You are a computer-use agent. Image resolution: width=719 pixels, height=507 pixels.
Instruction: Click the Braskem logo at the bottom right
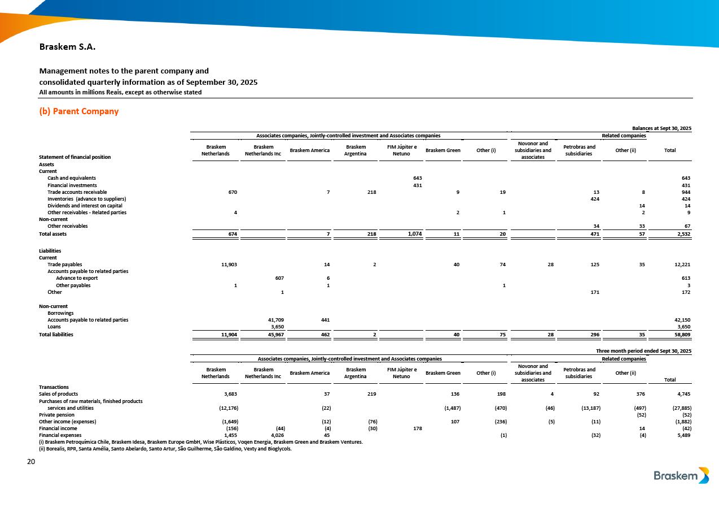[681, 475]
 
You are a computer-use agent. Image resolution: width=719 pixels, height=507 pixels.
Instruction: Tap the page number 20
[31, 462]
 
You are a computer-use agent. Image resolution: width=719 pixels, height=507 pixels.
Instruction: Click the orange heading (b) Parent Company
[78, 111]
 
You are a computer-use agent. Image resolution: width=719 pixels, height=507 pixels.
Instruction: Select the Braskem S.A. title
[67, 47]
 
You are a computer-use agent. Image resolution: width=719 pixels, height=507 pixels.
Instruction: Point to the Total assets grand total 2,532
[682, 233]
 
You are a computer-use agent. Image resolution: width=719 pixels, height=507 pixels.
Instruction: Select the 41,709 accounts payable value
[275, 320]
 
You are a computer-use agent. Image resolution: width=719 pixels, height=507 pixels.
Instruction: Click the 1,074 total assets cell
[414, 233]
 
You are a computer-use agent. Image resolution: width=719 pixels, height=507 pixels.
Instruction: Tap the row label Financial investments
[72, 185]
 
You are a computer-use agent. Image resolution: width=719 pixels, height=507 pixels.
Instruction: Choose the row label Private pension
[56, 414]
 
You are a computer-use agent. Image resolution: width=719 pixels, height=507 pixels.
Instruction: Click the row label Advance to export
[77, 278]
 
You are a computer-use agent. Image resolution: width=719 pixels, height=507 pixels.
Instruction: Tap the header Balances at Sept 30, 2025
[663, 129]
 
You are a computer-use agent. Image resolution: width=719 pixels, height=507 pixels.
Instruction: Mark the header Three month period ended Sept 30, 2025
[644, 351]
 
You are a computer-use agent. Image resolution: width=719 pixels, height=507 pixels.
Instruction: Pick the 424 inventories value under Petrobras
[594, 199]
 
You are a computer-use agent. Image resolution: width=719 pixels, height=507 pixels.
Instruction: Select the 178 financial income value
[418, 428]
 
